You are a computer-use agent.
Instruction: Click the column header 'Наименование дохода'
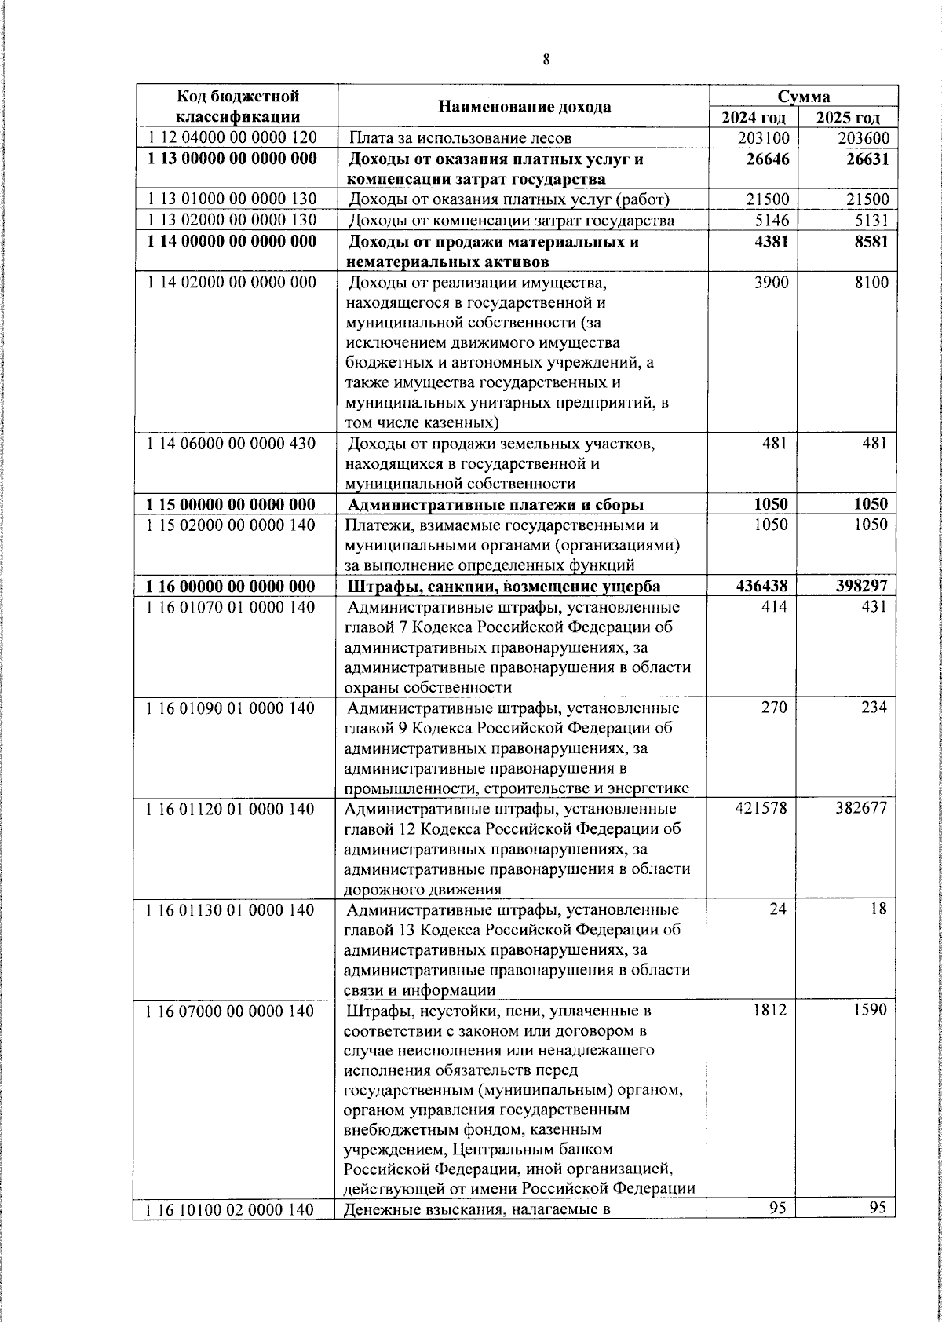524,107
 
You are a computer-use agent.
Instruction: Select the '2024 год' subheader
754,118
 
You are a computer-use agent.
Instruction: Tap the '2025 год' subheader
849,118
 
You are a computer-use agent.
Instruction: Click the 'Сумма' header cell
804,97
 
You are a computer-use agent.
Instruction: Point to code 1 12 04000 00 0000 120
232,138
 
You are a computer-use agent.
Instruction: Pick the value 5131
871,221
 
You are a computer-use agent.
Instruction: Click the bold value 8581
871,242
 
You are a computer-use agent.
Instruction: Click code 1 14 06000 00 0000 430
232,444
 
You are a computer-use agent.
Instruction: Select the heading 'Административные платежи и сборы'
495,504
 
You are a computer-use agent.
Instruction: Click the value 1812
769,1010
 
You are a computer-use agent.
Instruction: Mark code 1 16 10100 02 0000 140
232,1210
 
